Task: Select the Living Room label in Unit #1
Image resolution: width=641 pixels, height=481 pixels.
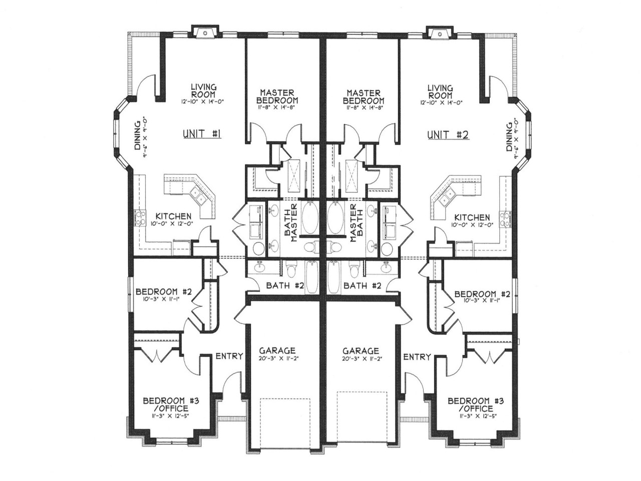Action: (x=203, y=91)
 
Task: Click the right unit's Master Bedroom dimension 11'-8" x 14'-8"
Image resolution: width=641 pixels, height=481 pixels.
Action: (x=364, y=108)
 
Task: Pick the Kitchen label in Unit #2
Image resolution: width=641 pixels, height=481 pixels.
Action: (x=472, y=217)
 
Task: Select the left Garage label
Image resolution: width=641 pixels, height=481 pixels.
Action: (x=277, y=351)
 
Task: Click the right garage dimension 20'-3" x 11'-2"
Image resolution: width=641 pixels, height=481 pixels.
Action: (x=361, y=359)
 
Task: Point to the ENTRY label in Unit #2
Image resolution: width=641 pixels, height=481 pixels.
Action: (x=417, y=357)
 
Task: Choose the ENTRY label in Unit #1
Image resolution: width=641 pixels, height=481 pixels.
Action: (x=229, y=357)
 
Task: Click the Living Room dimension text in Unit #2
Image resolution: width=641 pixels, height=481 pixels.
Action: (x=441, y=102)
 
